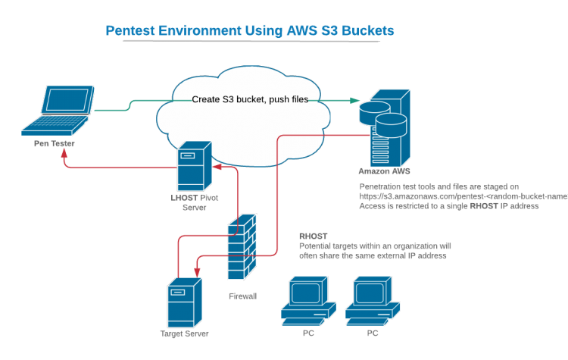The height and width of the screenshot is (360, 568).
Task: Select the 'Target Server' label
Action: point(184,333)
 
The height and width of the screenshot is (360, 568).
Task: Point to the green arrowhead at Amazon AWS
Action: point(355,100)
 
